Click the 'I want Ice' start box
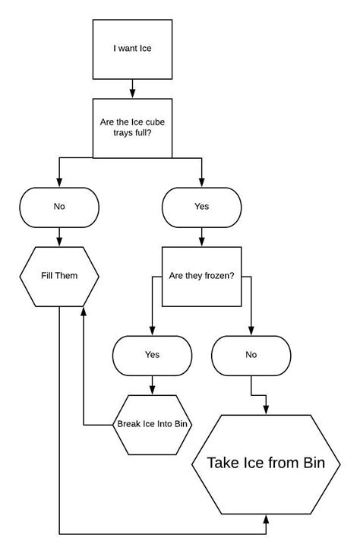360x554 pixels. pos(132,49)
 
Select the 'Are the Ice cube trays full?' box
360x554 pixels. pos(132,127)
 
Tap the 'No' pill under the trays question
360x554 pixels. pos(59,206)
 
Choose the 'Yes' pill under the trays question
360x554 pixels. pos(201,206)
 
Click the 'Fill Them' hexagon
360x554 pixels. pos(59,275)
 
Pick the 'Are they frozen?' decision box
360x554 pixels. pos(201,275)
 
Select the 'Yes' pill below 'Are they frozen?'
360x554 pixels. pos(152,354)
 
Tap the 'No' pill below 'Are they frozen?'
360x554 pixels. pos(251,354)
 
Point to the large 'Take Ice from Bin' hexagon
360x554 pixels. pos(267,463)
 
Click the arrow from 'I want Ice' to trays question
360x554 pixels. pos(132,88)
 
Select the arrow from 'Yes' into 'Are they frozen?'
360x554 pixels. pos(201,237)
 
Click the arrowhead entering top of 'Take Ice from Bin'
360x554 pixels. pos(267,409)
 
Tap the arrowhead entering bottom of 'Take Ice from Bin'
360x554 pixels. pos(267,518)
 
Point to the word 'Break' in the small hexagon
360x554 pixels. pos(128,424)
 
